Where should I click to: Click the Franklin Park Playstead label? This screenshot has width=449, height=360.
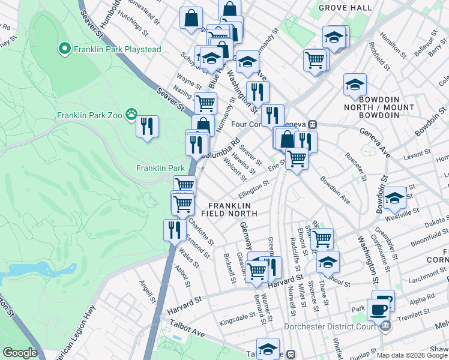tap(117, 49)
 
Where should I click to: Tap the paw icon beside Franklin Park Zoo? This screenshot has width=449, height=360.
tap(131, 115)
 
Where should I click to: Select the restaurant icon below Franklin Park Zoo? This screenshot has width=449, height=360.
tap(147, 127)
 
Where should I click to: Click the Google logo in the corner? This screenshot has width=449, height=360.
tap(20, 353)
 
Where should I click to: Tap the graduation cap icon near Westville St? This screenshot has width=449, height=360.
tap(395, 197)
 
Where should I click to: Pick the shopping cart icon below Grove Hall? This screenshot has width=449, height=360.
tap(315, 60)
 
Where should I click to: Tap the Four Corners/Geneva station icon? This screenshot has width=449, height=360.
tap(312, 125)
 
